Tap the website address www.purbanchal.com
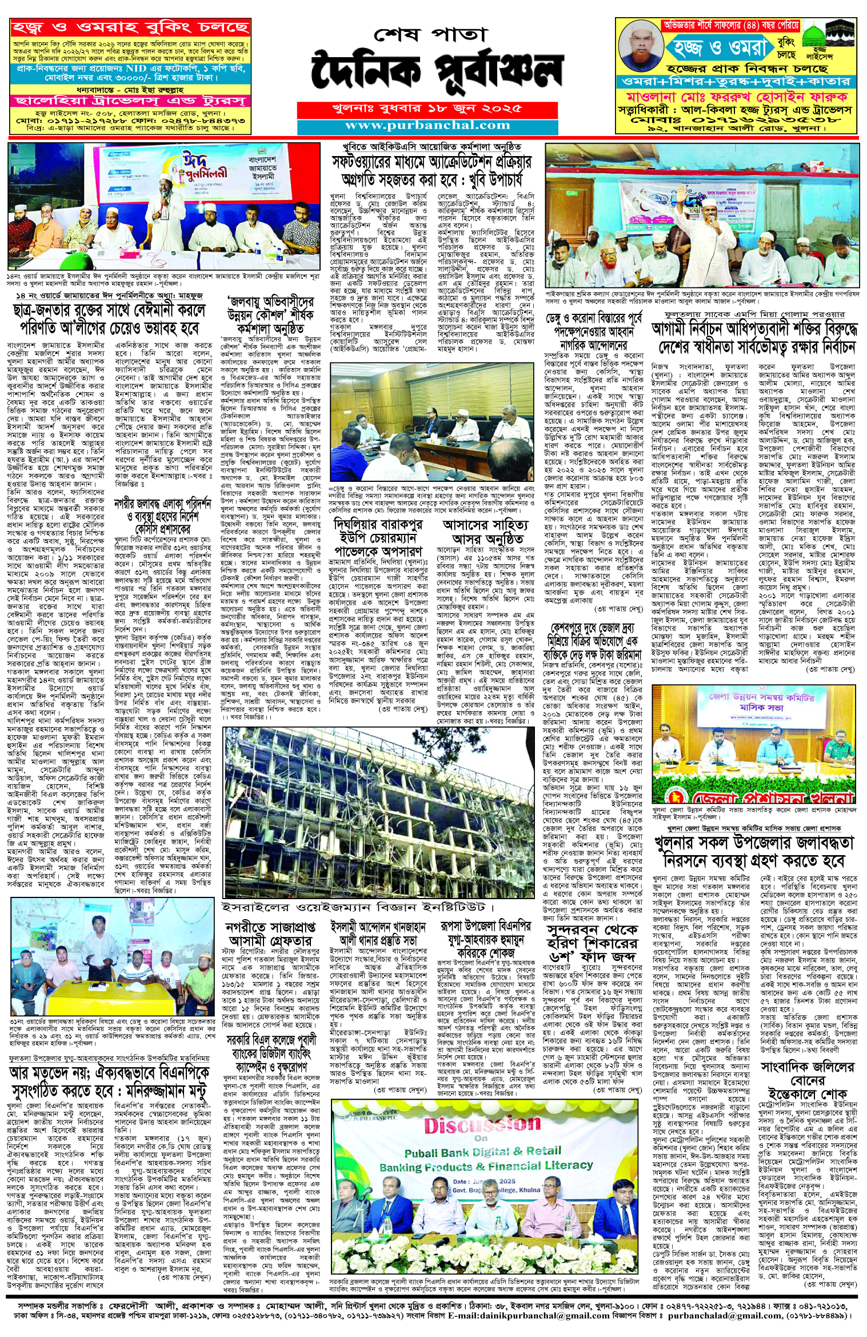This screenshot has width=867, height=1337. pos(427,126)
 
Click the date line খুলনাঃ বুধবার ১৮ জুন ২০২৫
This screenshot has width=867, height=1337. pos(427,109)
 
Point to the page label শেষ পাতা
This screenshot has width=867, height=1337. pos(430,35)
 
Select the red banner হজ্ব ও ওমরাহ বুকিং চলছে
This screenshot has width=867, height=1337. pos(130,27)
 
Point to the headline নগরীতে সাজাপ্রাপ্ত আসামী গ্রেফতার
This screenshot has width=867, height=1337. pos(269,933)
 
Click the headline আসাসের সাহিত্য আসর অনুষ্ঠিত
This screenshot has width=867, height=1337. pos(487,532)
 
